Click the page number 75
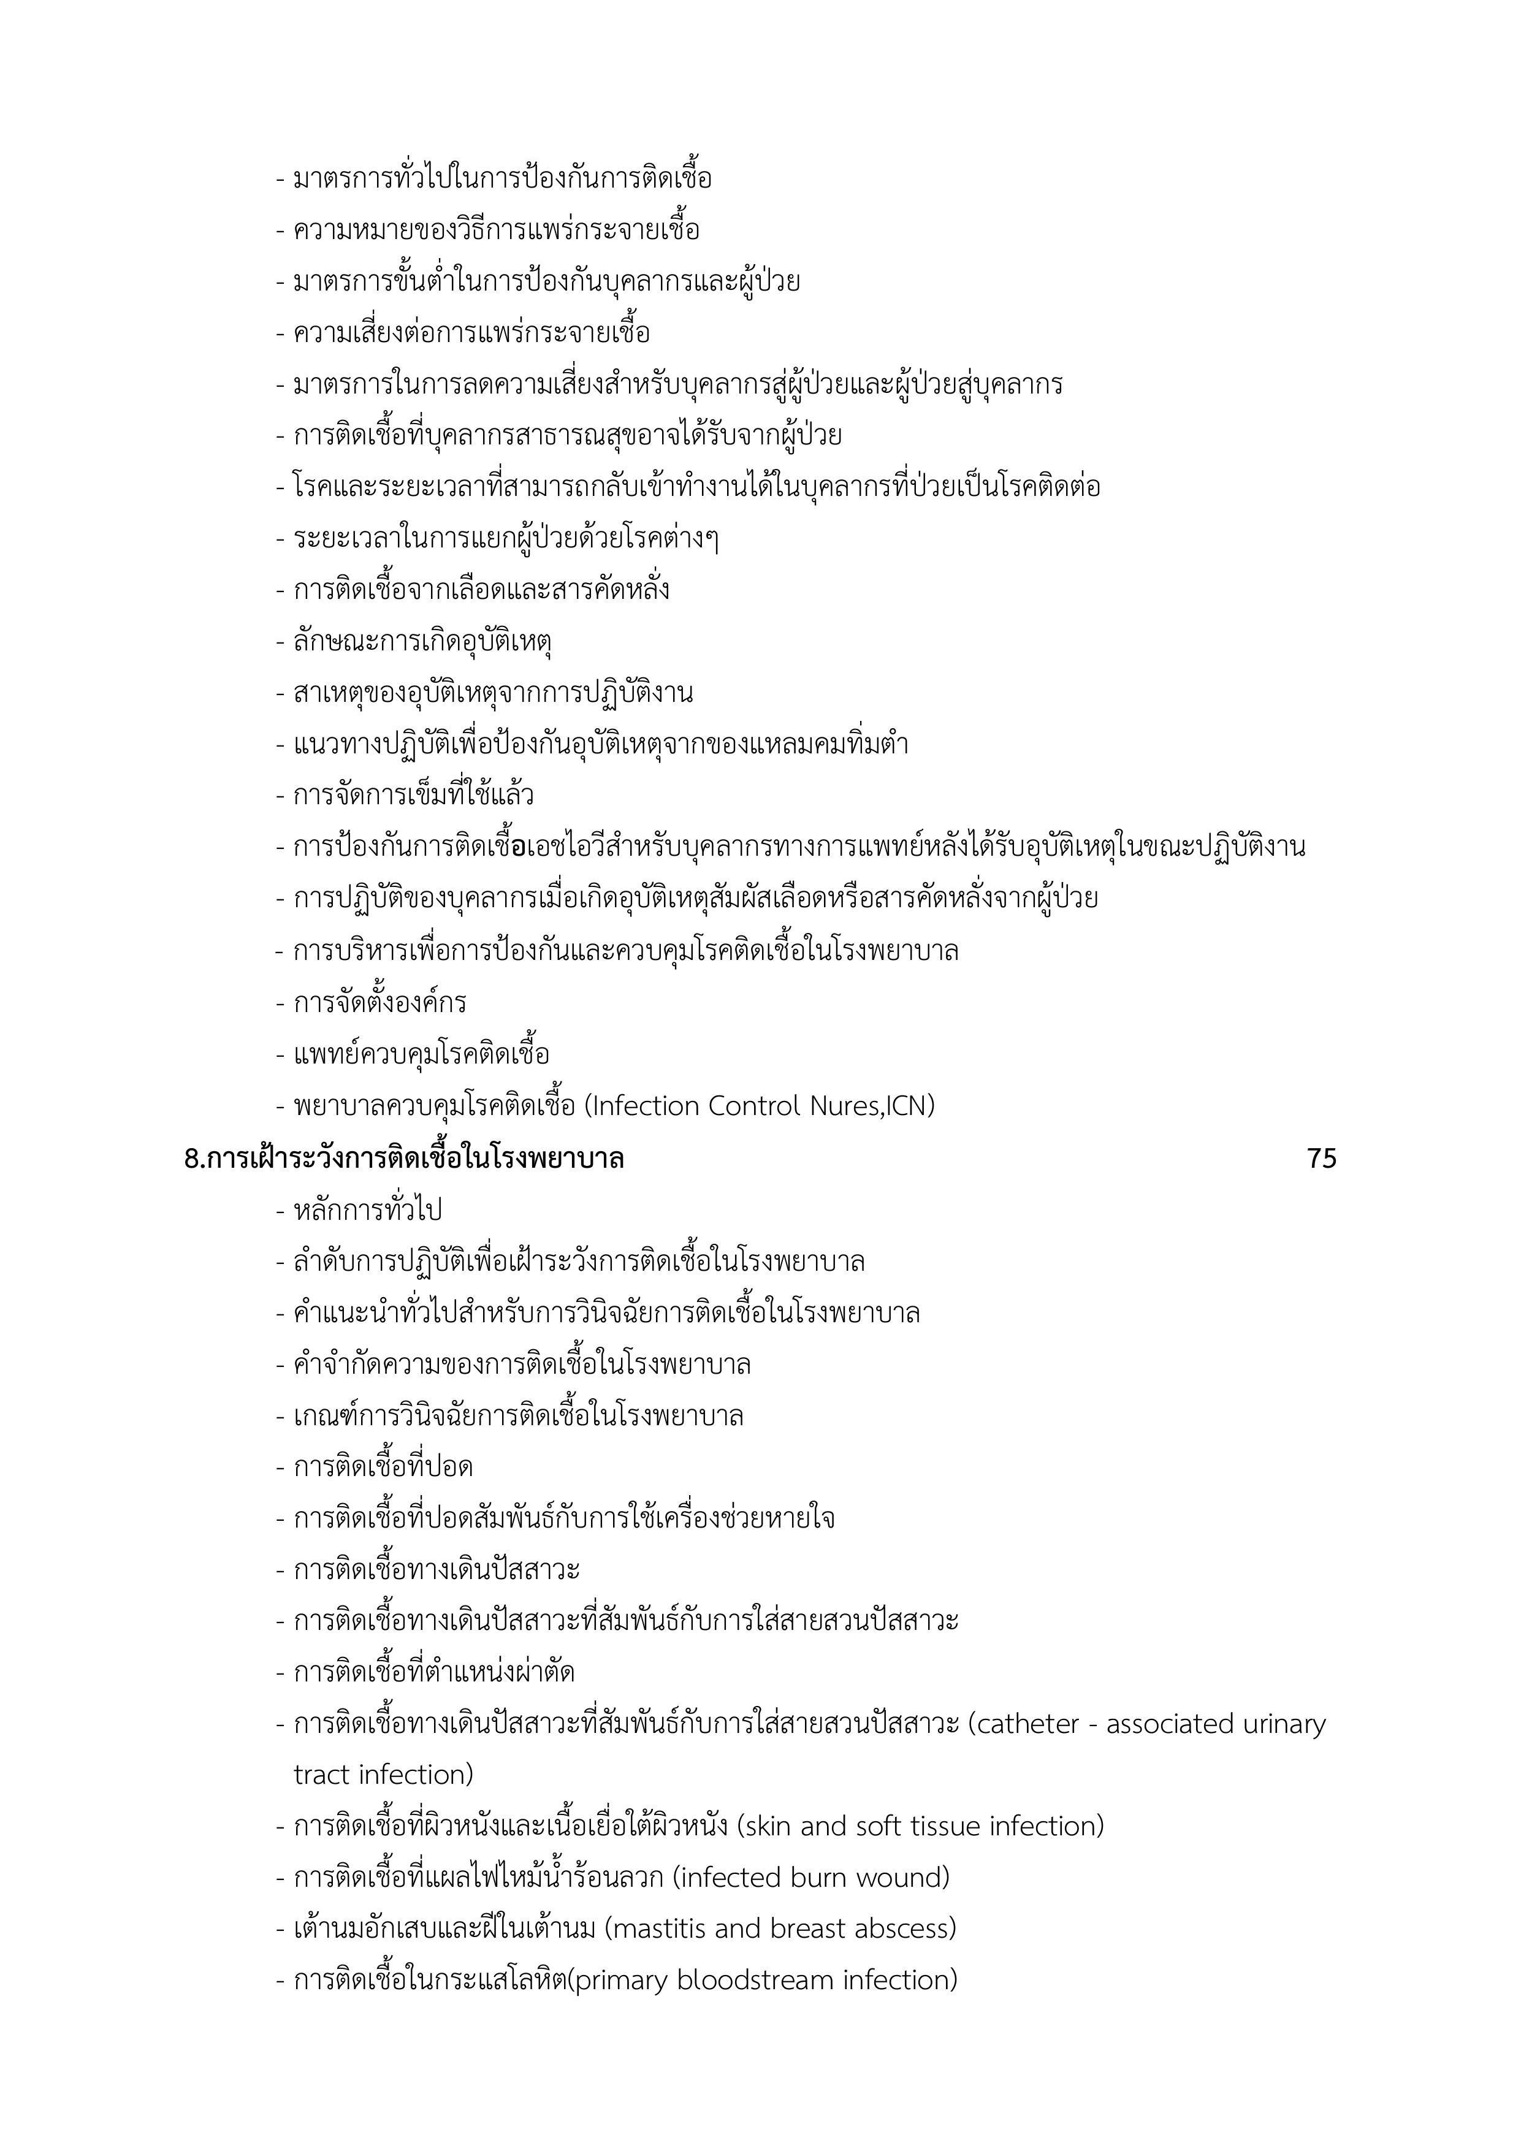(x=1321, y=1159)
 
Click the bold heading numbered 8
(x=404, y=1159)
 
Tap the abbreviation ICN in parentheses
(x=907, y=1106)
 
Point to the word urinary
(x=1284, y=1725)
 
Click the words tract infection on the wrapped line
(x=383, y=1775)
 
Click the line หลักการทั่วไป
(x=367, y=1211)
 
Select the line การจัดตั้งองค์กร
(x=379, y=1003)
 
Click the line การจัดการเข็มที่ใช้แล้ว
(x=413, y=796)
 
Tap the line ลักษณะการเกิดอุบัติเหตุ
(x=422, y=642)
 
